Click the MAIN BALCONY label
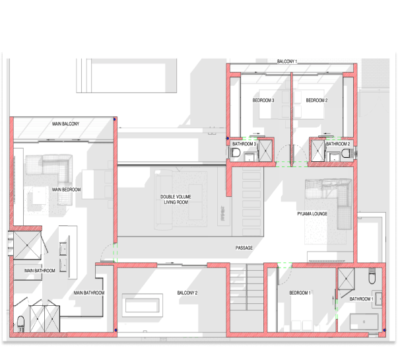(x=66, y=124)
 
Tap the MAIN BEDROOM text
(x=66, y=190)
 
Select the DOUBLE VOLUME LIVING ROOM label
(x=176, y=199)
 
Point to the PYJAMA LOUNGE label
(x=312, y=213)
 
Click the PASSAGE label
(x=244, y=248)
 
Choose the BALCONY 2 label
(x=187, y=293)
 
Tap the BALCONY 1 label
(x=287, y=61)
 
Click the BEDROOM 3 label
(x=263, y=100)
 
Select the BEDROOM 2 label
(x=317, y=100)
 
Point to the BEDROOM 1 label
(x=300, y=293)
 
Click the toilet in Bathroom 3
(x=236, y=153)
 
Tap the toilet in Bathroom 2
(x=346, y=153)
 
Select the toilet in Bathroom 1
(x=372, y=277)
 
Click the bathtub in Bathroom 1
(x=364, y=322)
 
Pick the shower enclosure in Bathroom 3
(x=265, y=151)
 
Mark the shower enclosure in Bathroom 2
(x=318, y=151)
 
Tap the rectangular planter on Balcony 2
(x=143, y=305)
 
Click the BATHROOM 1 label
(x=362, y=299)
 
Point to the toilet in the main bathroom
(x=21, y=323)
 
